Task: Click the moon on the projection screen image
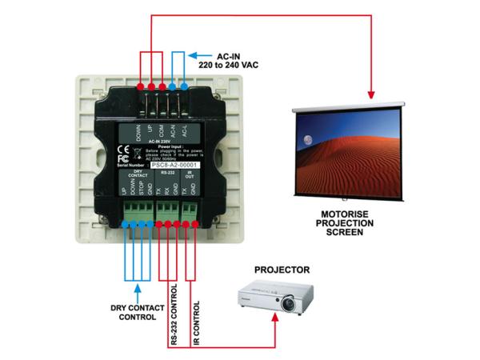[x=307, y=140]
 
